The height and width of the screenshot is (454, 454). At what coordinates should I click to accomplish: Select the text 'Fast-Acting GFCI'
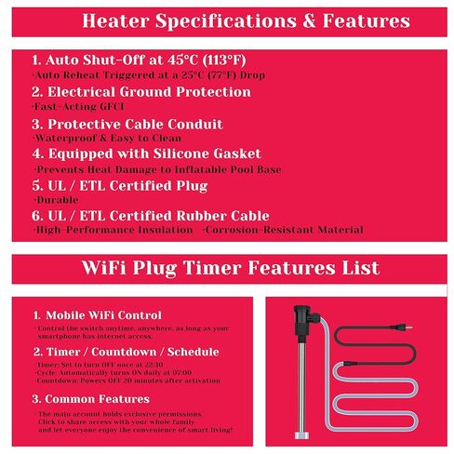66,107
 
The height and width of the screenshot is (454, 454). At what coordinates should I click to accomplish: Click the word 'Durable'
50,199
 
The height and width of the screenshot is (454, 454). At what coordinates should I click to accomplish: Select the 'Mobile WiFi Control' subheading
97,315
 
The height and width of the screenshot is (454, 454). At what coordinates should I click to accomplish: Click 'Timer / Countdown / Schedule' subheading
126,352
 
